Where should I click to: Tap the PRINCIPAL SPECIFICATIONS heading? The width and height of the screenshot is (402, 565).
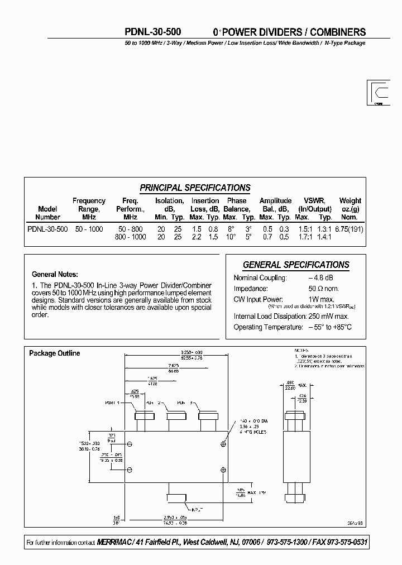[195, 188]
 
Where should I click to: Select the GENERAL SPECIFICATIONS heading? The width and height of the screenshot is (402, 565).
[296, 265]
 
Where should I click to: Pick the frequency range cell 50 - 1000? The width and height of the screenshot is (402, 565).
[89, 229]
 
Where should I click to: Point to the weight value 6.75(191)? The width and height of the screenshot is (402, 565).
[350, 229]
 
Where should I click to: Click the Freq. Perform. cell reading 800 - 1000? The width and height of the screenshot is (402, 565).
[130, 237]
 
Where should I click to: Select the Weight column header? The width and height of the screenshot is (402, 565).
[350, 209]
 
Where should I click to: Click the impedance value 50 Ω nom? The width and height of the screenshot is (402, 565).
[323, 289]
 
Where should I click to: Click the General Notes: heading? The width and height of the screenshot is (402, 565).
[55, 275]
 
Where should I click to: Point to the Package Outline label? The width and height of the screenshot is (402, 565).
[54, 353]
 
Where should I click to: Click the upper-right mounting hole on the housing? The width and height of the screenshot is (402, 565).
[223, 444]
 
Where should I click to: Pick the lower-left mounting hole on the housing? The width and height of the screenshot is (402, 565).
[130, 468]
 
